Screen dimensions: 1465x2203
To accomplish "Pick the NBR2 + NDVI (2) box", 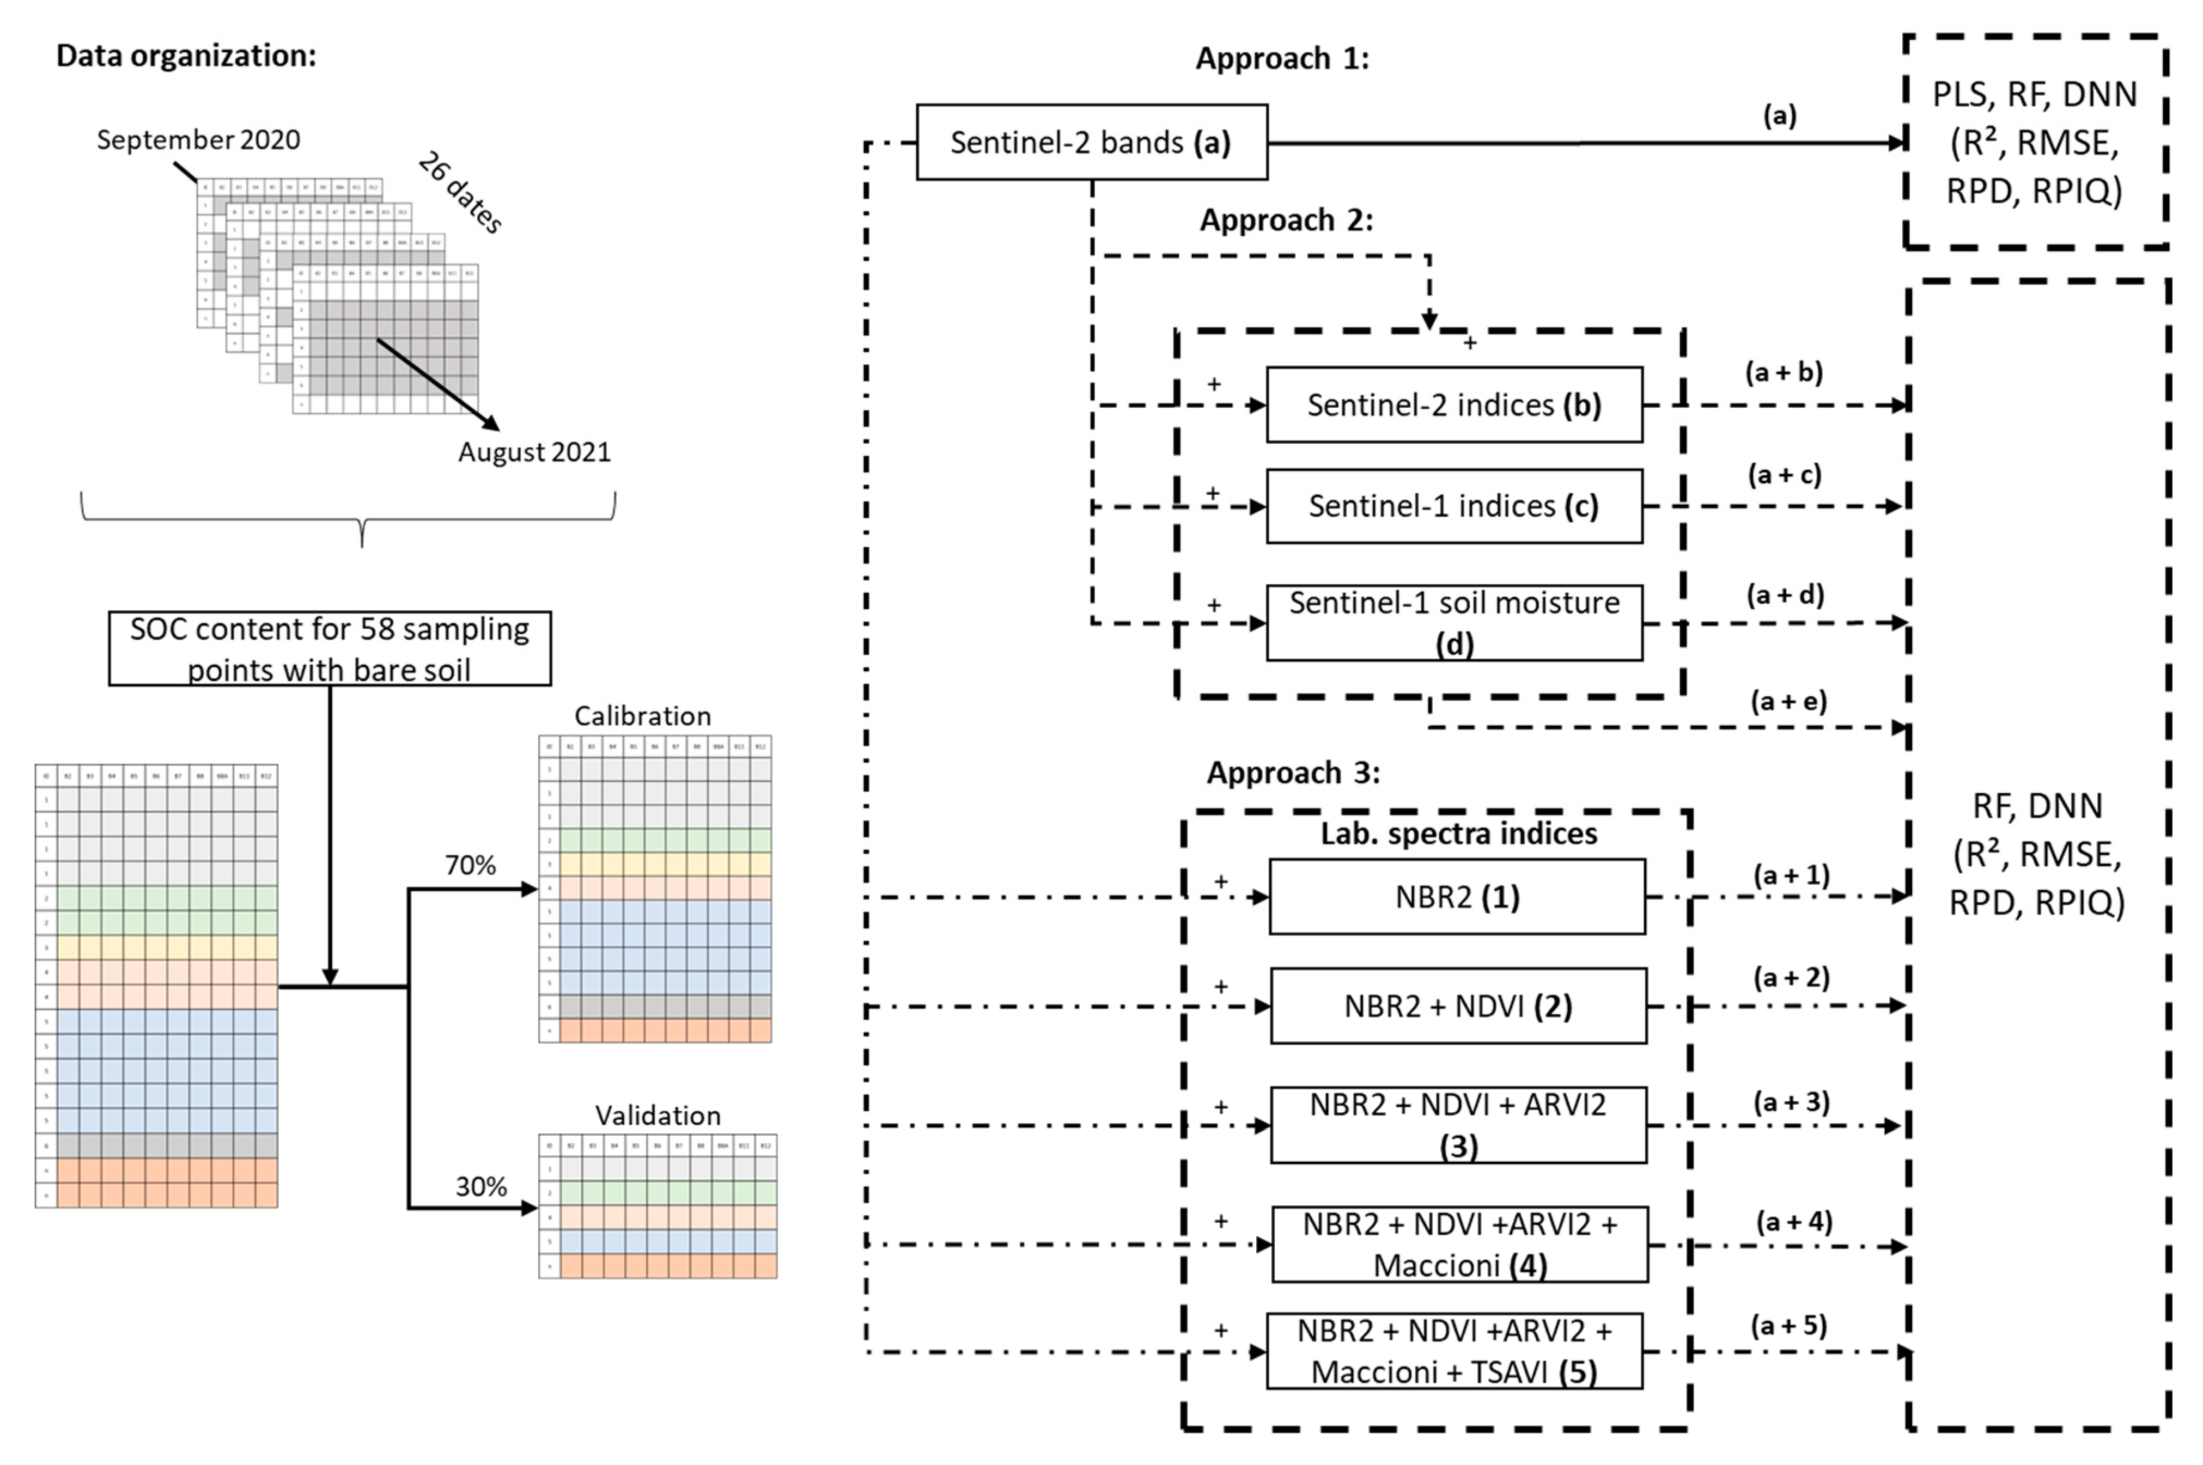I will [x=1458, y=1006].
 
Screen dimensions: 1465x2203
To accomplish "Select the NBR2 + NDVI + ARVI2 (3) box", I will [x=1458, y=1124].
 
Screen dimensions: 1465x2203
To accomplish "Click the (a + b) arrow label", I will [x=1784, y=372].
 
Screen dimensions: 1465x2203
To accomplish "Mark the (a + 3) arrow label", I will [x=1791, y=1101].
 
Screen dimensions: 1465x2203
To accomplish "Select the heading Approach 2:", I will [x=1286, y=219].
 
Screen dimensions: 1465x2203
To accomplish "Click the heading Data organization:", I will [x=186, y=55].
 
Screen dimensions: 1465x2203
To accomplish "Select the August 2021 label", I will [x=534, y=452].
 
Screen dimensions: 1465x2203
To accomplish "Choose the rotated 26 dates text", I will [x=460, y=193].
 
